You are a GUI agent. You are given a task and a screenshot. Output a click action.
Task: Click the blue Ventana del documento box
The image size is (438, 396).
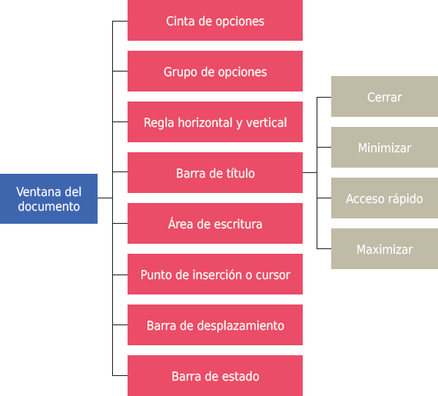pos(48,198)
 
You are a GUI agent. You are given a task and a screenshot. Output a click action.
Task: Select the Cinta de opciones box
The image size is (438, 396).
pos(214,21)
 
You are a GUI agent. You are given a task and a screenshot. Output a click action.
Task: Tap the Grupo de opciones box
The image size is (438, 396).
pos(214,72)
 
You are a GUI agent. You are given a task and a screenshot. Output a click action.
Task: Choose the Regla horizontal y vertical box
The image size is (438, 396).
pos(214,122)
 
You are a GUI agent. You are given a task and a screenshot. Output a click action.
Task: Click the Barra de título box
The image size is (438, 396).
pos(214,173)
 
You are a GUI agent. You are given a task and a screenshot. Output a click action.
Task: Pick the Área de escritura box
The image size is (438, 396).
pos(214,224)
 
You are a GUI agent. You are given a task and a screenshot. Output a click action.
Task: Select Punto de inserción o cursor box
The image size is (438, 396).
pos(214,275)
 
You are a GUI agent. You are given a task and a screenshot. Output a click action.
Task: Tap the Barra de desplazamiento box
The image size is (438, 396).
pos(214,325)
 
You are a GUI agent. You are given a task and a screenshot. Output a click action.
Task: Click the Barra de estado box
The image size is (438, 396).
pos(214,376)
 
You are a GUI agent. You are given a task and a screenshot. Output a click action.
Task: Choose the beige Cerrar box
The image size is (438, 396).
pos(384,97)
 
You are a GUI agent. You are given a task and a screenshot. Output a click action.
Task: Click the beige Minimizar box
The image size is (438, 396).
pos(384,148)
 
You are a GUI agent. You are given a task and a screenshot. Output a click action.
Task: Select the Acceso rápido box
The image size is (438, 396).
pos(384,198)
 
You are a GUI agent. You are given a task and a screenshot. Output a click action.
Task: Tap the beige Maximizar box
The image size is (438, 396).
pos(384,249)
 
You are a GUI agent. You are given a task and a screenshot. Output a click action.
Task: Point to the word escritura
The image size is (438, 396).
pos(235,225)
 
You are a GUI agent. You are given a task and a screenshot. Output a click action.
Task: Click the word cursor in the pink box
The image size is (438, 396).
pos(272,275)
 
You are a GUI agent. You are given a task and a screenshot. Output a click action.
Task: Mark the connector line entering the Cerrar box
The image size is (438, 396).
pos(324,98)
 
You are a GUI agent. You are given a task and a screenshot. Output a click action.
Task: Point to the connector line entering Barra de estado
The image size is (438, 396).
pos(120,376)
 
